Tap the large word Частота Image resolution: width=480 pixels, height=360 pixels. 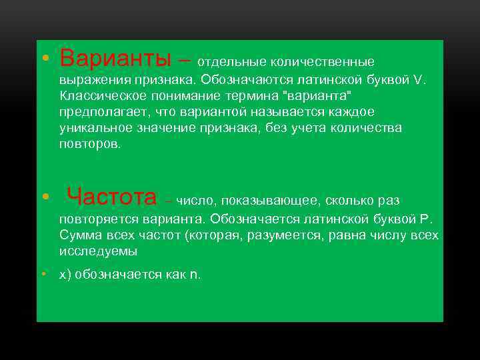[112, 197]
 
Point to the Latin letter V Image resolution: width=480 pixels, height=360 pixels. [417, 80]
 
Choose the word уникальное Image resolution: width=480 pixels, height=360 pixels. [93, 128]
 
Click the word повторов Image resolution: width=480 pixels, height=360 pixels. [89, 143]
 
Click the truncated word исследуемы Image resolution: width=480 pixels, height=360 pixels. [98, 251]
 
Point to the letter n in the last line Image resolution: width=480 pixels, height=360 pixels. [194, 275]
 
